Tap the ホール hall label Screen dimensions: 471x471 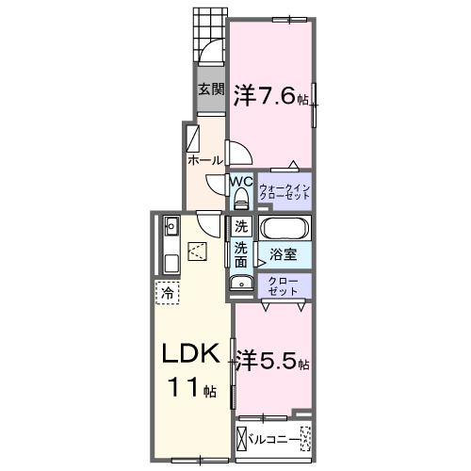pyautogui.click(x=205, y=160)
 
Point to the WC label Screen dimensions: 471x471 pyautogui.click(x=241, y=182)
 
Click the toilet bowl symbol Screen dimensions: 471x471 pyautogui.click(x=241, y=197)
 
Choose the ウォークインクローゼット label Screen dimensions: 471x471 pyautogui.click(x=284, y=191)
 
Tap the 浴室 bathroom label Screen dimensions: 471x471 pyautogui.click(x=284, y=252)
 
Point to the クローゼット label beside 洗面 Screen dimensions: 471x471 pyautogui.click(x=284, y=285)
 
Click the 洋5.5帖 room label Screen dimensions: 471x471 pyautogui.click(x=272, y=360)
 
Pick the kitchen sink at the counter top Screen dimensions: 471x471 pyautogui.click(x=171, y=226)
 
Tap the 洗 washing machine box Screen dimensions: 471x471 pyautogui.click(x=241, y=226)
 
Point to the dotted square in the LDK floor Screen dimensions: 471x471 pyautogui.click(x=198, y=250)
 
